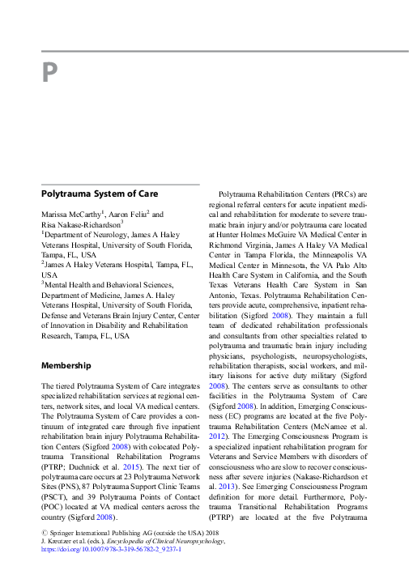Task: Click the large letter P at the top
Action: [x=49, y=74]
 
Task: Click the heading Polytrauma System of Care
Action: [x=99, y=194]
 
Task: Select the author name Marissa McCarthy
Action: [x=70, y=215]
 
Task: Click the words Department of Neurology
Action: [x=88, y=234]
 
